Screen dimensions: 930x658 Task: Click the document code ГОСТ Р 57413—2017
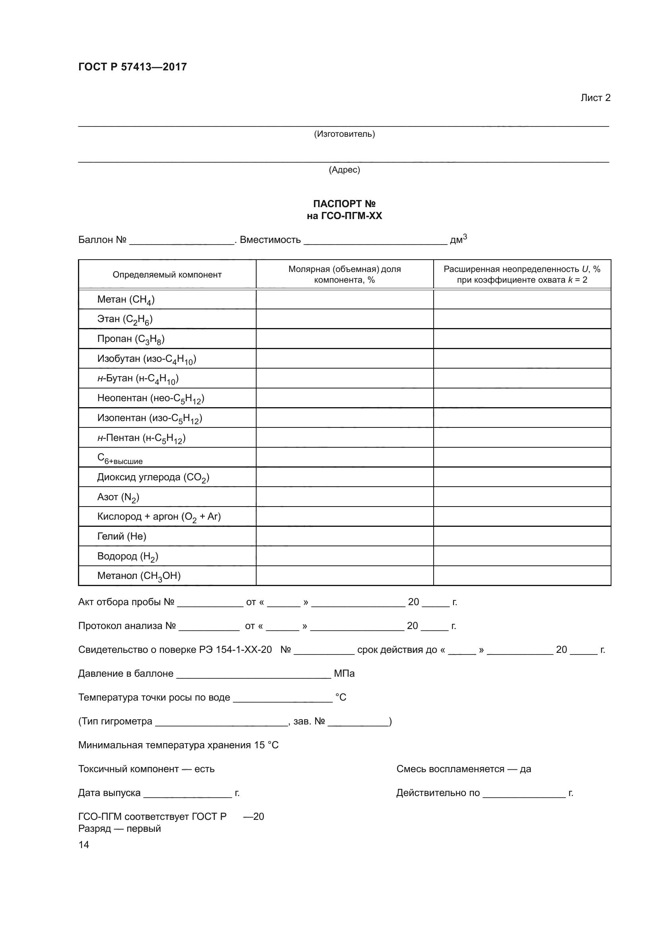[132, 67]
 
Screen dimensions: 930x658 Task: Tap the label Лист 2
[595, 98]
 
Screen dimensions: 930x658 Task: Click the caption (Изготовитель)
[345, 134]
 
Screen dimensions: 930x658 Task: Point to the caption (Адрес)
[345, 170]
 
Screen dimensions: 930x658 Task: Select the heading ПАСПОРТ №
[345, 204]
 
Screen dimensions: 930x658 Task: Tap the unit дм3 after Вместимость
[458, 239]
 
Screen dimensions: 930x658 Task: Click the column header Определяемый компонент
[167, 275]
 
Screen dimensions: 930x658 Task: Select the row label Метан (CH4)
[126, 300]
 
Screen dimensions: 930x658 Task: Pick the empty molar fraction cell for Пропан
[345, 339]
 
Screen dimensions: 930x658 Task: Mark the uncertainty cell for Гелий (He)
[522, 536]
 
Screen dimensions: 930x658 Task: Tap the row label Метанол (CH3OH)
[139, 576]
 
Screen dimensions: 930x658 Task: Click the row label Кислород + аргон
[159, 516]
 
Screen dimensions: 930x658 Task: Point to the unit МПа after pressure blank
[344, 674]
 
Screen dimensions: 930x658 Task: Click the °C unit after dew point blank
[341, 697]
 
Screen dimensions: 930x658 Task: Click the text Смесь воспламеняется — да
[463, 769]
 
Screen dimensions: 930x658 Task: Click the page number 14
[84, 845]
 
